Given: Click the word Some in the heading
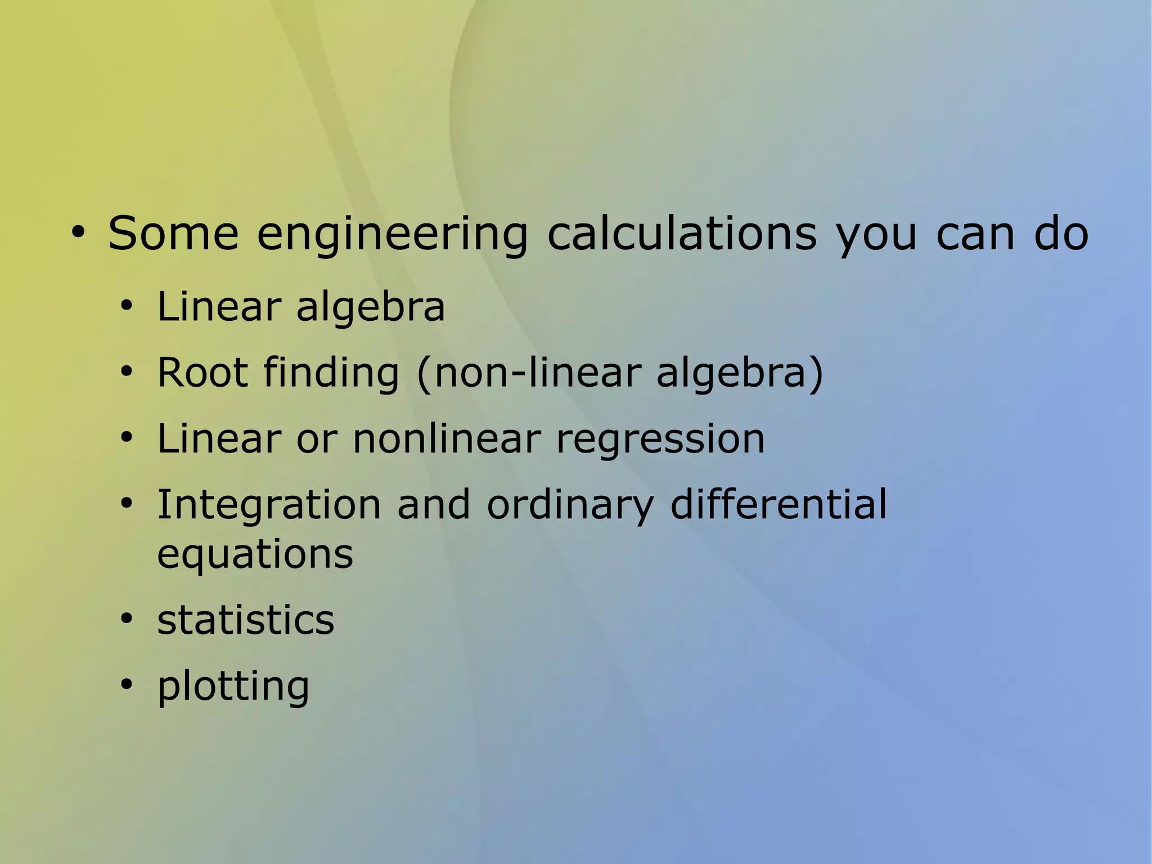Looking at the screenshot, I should click(x=173, y=233).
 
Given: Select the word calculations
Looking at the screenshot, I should click(x=682, y=233).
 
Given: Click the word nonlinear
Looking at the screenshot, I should click(x=447, y=438).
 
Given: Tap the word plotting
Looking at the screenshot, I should click(x=233, y=687).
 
